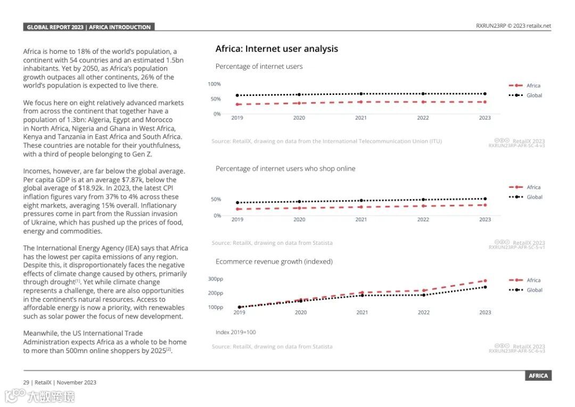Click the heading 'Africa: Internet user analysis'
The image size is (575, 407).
click(276, 49)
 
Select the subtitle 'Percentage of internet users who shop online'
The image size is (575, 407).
click(285, 169)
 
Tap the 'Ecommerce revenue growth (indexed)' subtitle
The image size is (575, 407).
click(274, 261)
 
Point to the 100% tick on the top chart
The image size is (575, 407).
click(214, 84)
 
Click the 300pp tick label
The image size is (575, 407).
click(215, 279)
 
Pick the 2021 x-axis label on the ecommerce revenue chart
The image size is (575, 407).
click(362, 313)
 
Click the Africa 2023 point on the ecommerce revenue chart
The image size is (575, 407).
click(485, 281)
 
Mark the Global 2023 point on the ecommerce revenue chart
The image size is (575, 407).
click(485, 287)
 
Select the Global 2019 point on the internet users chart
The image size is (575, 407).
click(237, 95)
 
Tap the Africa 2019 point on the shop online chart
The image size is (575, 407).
click(237, 209)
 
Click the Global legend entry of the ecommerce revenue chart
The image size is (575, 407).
click(534, 290)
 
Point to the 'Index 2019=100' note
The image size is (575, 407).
click(235, 332)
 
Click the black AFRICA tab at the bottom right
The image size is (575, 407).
click(538, 376)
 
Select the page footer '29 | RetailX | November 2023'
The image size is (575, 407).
click(60, 382)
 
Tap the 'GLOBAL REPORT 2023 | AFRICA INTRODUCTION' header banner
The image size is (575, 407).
click(89, 27)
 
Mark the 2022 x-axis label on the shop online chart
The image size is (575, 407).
click(423, 220)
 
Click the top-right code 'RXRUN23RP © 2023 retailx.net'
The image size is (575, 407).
click(513, 26)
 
